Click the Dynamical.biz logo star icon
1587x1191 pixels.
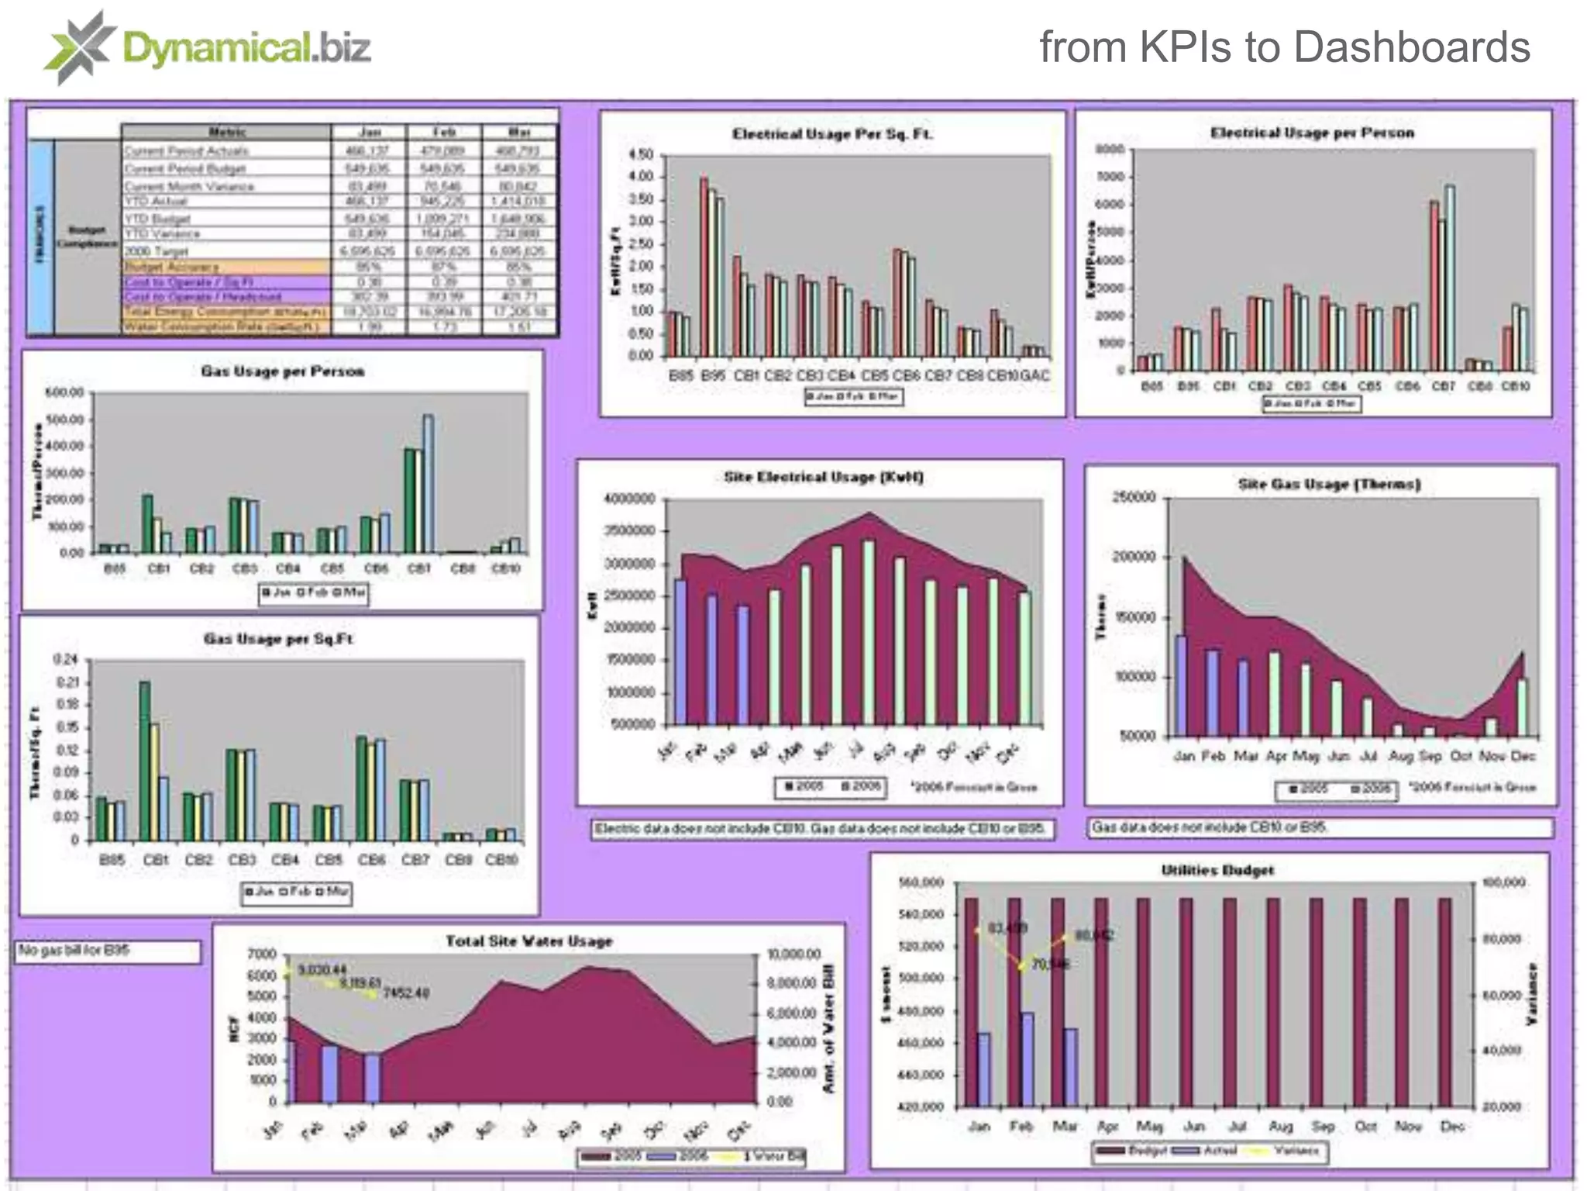click(80, 47)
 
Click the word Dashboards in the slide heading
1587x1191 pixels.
click(1411, 47)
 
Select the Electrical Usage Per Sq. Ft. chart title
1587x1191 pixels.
click(832, 134)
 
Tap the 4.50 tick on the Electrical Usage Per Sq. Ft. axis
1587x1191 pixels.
click(642, 154)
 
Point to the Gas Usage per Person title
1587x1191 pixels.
click(282, 371)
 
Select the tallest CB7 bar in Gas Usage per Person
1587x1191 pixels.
click(428, 484)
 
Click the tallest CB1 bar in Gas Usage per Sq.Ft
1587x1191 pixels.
click(145, 760)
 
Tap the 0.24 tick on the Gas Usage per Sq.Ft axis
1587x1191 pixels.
click(66, 660)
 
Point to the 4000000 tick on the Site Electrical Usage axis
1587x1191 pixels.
click(629, 499)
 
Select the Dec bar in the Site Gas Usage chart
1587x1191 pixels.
click(1522, 707)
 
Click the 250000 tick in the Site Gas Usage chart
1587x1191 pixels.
click(1134, 497)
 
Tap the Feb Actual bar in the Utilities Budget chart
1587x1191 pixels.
click(1027, 1058)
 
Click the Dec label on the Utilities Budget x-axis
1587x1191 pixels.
click(1451, 1126)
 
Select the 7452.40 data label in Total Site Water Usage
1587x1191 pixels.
click(405, 993)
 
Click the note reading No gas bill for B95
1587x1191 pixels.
click(75, 951)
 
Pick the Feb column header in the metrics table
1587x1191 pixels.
click(444, 133)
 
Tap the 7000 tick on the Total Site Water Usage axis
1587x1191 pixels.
click(261, 954)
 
